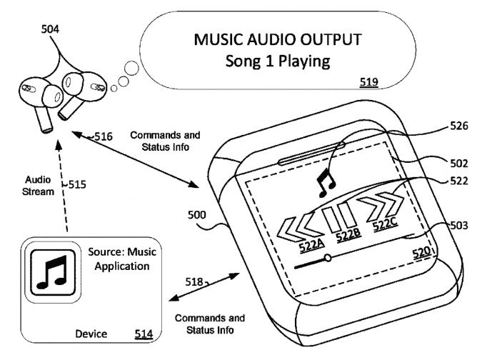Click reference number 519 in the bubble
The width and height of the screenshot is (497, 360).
369,83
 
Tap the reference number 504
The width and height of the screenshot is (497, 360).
50,29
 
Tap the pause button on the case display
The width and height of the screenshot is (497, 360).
338,215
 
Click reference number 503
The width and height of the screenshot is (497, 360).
458,226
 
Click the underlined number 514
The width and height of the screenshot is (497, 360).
143,334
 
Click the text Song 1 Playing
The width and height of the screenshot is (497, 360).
277,61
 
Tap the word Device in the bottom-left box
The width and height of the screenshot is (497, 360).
91,334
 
